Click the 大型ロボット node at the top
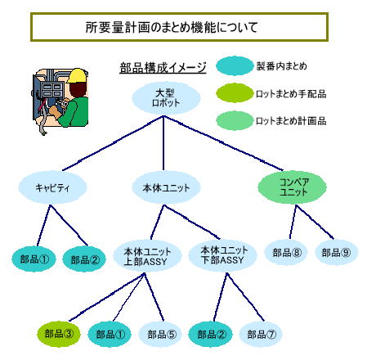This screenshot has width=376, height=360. pos(166,98)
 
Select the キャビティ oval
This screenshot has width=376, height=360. pos(52,187)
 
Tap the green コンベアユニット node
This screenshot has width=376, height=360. pos(292,187)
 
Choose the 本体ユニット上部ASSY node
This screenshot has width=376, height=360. pos(147,256)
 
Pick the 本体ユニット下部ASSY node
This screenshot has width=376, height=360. pos(222,255)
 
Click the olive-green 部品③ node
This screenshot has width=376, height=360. pos(59,334)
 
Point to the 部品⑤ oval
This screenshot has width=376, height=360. pos(161,334)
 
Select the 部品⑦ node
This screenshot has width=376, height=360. pos(261,334)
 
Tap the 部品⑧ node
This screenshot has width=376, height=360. pos(286,253)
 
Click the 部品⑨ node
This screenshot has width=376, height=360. pos(336,253)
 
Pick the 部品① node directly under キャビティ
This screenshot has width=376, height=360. pos(34,259)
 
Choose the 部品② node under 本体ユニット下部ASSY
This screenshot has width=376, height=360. pos(211,334)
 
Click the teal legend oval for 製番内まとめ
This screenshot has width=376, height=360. pos(235,65)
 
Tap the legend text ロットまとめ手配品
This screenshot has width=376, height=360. pos(291,94)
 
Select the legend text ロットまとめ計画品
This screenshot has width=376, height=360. pos(291,121)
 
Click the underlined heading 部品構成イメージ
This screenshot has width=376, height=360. pos(163,68)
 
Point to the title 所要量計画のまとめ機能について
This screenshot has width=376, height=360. pos(172,27)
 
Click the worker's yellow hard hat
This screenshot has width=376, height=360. pos(77,75)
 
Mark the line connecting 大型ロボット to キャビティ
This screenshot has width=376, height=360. pos(113,143)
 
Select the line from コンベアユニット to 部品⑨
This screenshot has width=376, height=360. pos(315,222)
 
